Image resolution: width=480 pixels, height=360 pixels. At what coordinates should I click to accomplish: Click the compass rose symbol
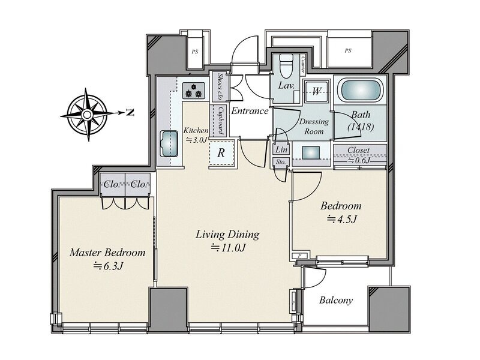88,115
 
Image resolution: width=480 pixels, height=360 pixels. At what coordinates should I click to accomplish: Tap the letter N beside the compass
130,113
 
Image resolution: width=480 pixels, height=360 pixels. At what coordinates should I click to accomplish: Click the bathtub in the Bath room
359,90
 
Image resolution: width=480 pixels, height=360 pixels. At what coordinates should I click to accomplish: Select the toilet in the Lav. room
287,66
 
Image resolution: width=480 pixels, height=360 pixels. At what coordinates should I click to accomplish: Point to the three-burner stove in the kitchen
194,91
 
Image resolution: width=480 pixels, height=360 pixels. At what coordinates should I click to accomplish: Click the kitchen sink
169,144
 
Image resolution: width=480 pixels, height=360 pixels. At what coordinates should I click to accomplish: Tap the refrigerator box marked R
221,152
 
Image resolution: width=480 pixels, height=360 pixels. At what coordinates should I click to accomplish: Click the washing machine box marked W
316,91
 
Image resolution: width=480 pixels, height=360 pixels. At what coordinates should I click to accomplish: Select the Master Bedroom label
107,253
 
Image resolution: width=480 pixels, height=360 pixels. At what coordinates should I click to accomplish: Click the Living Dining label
227,235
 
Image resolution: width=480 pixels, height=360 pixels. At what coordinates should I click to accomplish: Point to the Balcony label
336,300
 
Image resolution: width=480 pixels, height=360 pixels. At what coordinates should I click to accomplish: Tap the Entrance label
250,111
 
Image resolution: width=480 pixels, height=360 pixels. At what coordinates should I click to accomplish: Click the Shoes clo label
220,86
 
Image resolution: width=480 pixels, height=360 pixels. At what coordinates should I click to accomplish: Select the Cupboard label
220,121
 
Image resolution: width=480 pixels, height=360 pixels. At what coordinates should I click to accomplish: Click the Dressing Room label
314,127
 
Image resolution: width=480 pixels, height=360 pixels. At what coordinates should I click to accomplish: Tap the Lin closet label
281,149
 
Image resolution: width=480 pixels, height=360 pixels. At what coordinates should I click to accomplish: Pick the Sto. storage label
280,162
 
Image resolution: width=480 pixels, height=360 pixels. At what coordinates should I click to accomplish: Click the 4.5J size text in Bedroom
342,219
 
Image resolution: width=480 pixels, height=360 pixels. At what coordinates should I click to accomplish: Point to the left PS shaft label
194,52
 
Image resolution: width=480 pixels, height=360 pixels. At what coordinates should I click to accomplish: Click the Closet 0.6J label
358,155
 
